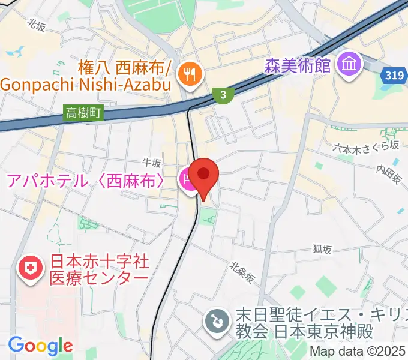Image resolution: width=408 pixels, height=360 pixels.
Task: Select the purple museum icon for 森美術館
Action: [x=349, y=64]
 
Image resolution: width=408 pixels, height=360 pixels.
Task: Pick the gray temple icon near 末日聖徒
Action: [x=215, y=321]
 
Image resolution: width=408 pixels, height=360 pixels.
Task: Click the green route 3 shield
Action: [x=223, y=94]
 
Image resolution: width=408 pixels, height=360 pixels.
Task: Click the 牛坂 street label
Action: [x=152, y=163]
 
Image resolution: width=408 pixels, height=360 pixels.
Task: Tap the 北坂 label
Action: [x=37, y=25]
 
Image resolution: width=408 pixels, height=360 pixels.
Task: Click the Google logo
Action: [x=40, y=346]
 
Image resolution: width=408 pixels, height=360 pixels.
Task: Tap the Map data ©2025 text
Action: [x=358, y=351]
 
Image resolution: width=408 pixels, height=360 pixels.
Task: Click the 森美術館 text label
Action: [x=298, y=65]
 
